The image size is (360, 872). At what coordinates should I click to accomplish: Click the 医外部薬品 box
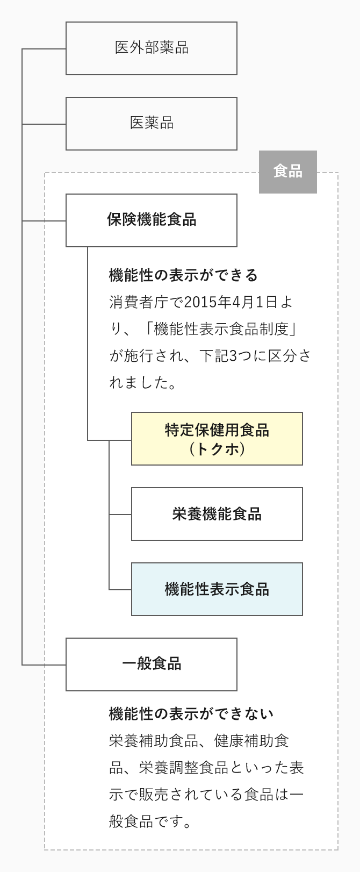(x=151, y=48)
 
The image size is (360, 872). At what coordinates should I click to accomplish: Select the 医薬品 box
(x=151, y=124)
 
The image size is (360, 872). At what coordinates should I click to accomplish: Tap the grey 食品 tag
(x=287, y=172)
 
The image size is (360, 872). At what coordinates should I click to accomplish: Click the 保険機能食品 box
(x=151, y=220)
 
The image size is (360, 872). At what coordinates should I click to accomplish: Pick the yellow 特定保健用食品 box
(x=217, y=439)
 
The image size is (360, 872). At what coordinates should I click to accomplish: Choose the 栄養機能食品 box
(x=217, y=514)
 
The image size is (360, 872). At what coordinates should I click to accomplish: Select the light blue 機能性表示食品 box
(x=217, y=589)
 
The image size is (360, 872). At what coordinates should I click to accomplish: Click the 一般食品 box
(x=151, y=664)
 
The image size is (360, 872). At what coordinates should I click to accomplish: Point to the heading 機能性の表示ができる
(x=183, y=276)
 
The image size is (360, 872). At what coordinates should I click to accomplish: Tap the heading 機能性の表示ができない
(x=191, y=714)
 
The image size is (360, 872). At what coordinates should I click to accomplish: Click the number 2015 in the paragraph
(x=198, y=302)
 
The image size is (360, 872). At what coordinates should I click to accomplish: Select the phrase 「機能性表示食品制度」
(x=220, y=329)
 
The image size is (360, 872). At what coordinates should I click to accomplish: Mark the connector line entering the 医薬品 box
(x=44, y=124)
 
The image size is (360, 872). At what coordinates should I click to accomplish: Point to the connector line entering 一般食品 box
(x=44, y=665)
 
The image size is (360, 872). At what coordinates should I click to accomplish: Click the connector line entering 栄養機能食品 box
(x=120, y=514)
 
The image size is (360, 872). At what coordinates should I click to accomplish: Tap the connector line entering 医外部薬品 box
(x=44, y=49)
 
